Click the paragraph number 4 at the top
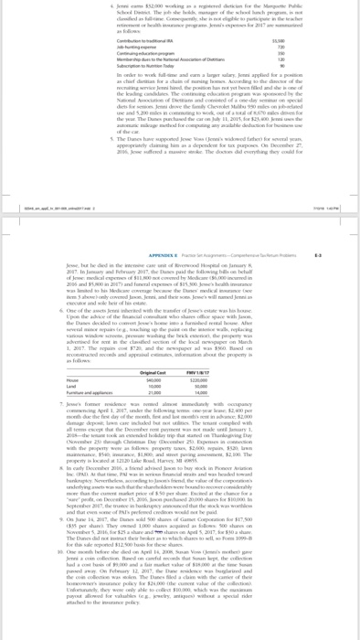tap(74, 5)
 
